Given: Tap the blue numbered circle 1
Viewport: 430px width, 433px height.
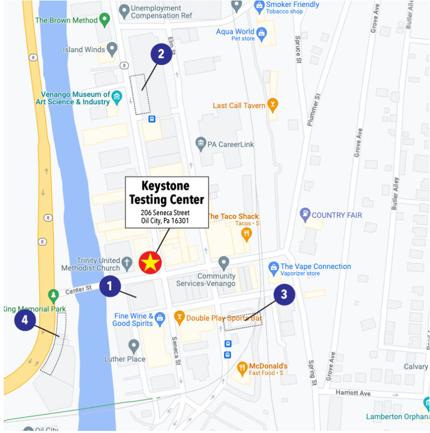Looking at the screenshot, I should pyautogui.click(x=110, y=286).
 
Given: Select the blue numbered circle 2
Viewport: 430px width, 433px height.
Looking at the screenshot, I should pyautogui.click(x=161, y=54).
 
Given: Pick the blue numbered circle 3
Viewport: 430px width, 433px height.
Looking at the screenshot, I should pyautogui.click(x=284, y=294).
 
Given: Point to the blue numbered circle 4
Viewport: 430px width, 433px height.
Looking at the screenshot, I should pyautogui.click(x=25, y=321).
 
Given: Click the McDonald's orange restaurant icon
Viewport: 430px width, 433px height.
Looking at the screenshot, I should pyautogui.click(x=242, y=369).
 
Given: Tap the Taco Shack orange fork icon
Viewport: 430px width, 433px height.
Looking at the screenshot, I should pyautogui.click(x=247, y=233).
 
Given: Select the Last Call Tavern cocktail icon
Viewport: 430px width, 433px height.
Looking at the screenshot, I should pyautogui.click(x=273, y=105).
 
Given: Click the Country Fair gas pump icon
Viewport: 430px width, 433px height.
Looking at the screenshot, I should pyautogui.click(x=305, y=215).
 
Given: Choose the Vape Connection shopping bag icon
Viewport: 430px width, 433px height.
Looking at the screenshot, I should pyautogui.click(x=274, y=267).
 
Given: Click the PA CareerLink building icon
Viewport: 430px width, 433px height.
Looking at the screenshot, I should pyautogui.click(x=200, y=144).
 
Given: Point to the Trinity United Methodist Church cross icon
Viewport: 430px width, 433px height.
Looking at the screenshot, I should pyautogui.click(x=127, y=264).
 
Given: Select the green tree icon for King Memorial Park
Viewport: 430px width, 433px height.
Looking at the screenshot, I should pyautogui.click(x=53, y=295).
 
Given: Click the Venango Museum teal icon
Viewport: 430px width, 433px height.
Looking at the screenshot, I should pyautogui.click(x=117, y=97).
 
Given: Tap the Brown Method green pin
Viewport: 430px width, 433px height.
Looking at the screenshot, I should pyautogui.click(x=105, y=20).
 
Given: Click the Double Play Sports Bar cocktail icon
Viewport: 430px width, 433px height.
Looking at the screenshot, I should pyautogui.click(x=179, y=318).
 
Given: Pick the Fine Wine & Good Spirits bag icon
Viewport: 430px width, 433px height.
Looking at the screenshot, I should pyautogui.click(x=160, y=320).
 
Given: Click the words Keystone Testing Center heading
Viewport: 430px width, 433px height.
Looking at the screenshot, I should pyautogui.click(x=167, y=193).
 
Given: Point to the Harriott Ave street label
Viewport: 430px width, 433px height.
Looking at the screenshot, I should pyautogui.click(x=353, y=393).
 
